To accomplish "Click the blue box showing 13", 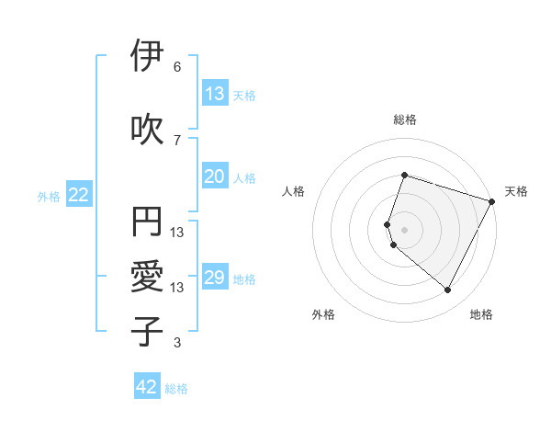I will coord(215,94).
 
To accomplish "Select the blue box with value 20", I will coord(215,177).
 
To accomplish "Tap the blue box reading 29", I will coord(215,278).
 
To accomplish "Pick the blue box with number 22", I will coord(79,195).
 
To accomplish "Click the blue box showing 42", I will coord(147,387).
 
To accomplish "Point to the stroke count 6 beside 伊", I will coord(177,67).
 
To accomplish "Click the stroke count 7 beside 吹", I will coord(177,140).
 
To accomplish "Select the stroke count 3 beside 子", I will coord(177,343).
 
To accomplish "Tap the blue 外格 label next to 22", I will coord(49,196).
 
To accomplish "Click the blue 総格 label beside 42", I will coord(176,389).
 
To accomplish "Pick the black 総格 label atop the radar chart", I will coord(404,119).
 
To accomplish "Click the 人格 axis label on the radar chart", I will coord(293,191).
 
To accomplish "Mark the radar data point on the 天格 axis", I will coord(491,201).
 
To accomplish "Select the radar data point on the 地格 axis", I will coord(448,290).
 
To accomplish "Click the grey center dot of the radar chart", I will coord(404,229).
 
